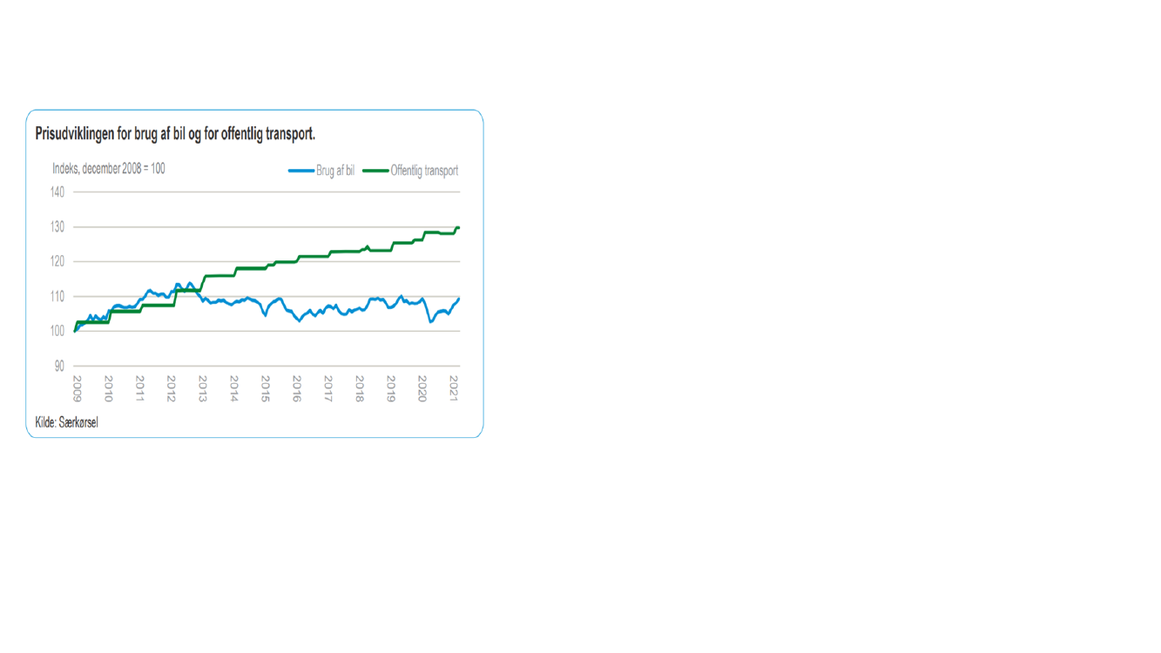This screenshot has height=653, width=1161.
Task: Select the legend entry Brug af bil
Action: pyautogui.click(x=335, y=171)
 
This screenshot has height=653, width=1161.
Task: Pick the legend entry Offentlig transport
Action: pyautogui.click(x=424, y=171)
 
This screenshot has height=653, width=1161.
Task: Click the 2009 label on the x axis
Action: pyautogui.click(x=77, y=387)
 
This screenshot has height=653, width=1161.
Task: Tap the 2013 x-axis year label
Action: pyautogui.click(x=202, y=387)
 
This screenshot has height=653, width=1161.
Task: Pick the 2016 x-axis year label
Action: pyautogui.click(x=296, y=387)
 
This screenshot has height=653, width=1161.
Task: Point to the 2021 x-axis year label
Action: pyautogui.click(x=453, y=387)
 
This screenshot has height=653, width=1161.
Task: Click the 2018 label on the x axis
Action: pyautogui.click(x=359, y=387)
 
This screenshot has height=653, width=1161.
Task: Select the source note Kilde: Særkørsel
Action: pyautogui.click(x=66, y=423)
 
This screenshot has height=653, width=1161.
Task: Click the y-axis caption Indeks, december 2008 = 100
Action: pyautogui.click(x=109, y=169)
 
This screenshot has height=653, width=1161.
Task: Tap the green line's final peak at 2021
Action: pyautogui.click(x=457, y=228)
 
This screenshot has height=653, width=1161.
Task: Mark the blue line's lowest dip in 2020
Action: pyautogui.click(x=430, y=322)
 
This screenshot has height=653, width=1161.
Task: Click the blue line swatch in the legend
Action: pyautogui.click(x=301, y=171)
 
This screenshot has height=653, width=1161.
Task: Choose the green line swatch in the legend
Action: pyautogui.click(x=375, y=171)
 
